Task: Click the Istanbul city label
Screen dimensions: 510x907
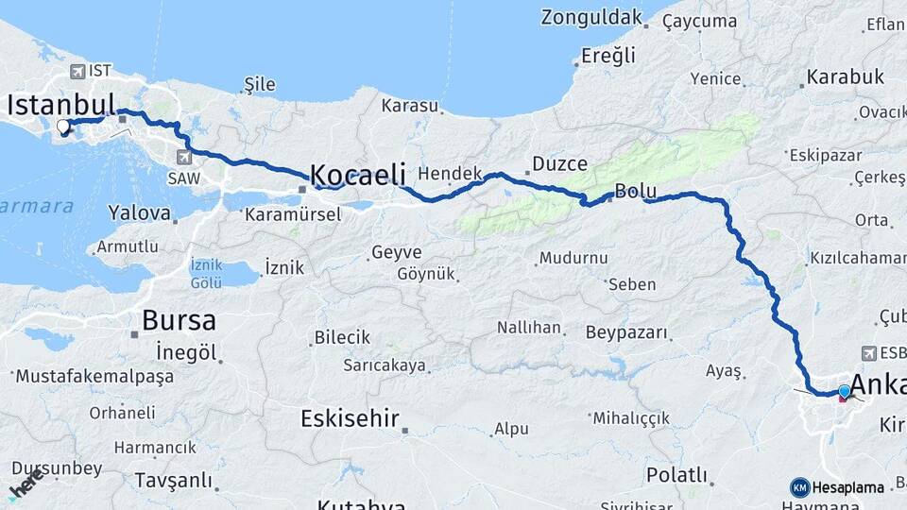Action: click(x=60, y=105)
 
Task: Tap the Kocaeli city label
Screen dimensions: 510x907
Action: click(x=358, y=175)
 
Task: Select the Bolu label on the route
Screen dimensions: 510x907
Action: click(x=635, y=191)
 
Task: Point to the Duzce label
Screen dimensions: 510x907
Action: click(x=559, y=164)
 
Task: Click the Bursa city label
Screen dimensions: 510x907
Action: click(x=179, y=320)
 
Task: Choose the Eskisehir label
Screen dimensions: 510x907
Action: click(x=350, y=417)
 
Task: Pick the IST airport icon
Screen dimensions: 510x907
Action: click(x=77, y=71)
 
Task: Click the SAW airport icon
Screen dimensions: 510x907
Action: click(x=181, y=157)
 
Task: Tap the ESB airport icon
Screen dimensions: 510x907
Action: click(x=868, y=352)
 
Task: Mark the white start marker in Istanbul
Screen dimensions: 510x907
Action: click(x=62, y=127)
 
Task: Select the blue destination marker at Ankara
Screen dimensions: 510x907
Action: click(x=844, y=391)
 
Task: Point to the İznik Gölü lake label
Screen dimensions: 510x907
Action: click(x=205, y=273)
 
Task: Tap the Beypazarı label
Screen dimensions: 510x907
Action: click(x=626, y=333)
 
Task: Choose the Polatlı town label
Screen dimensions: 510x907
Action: click(x=676, y=474)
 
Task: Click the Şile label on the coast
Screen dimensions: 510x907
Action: click(x=259, y=85)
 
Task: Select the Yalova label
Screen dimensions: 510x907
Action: click(x=139, y=212)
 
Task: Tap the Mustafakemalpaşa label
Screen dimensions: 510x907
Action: click(x=94, y=376)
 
